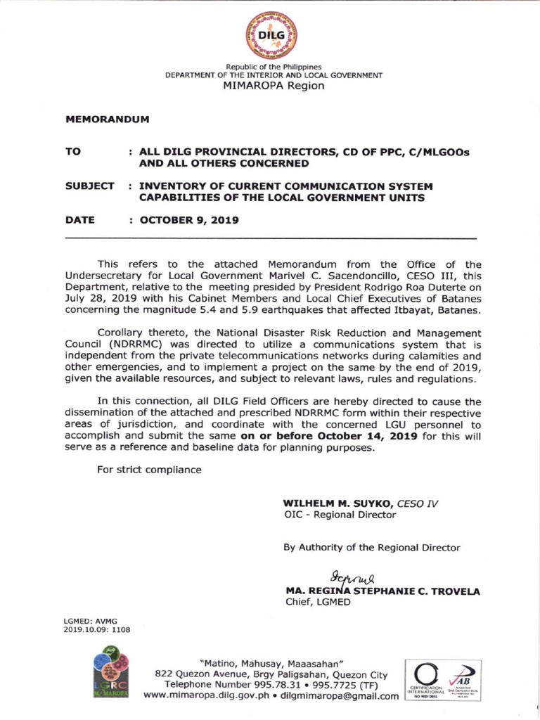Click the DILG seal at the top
271,34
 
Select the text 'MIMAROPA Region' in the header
274,86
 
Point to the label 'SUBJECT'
90,186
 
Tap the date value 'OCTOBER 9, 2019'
185,220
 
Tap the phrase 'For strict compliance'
149,470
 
